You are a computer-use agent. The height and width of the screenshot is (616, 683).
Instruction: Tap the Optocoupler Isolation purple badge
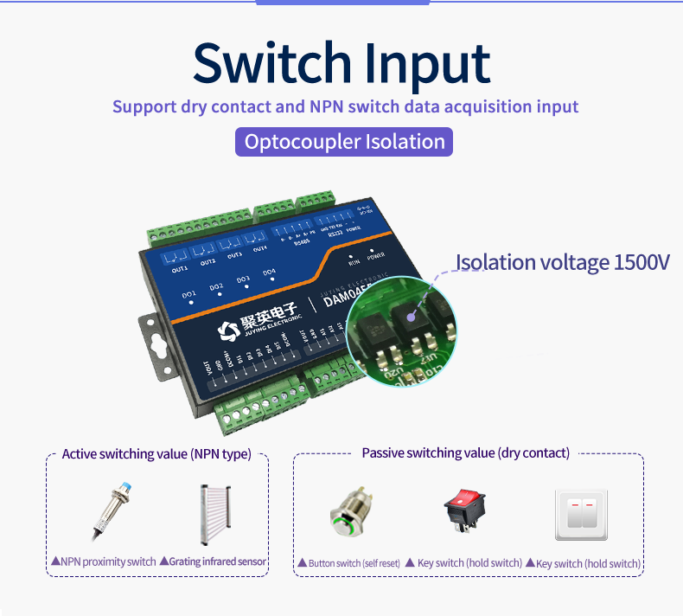344,142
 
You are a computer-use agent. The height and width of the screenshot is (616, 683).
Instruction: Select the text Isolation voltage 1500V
562,262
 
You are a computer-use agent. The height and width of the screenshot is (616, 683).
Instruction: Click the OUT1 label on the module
180,269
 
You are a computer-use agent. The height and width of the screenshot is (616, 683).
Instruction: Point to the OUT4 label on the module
259,249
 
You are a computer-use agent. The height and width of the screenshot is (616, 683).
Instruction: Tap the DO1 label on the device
189,295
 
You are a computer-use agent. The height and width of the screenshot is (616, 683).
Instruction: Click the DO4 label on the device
269,272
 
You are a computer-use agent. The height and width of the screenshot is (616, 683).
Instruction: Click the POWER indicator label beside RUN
376,257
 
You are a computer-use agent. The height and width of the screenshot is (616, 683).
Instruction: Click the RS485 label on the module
302,243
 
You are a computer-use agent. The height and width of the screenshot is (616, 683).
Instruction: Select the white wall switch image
581,516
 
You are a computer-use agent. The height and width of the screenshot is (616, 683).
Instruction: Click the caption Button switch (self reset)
348,563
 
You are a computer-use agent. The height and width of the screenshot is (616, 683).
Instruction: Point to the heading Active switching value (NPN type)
156,453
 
